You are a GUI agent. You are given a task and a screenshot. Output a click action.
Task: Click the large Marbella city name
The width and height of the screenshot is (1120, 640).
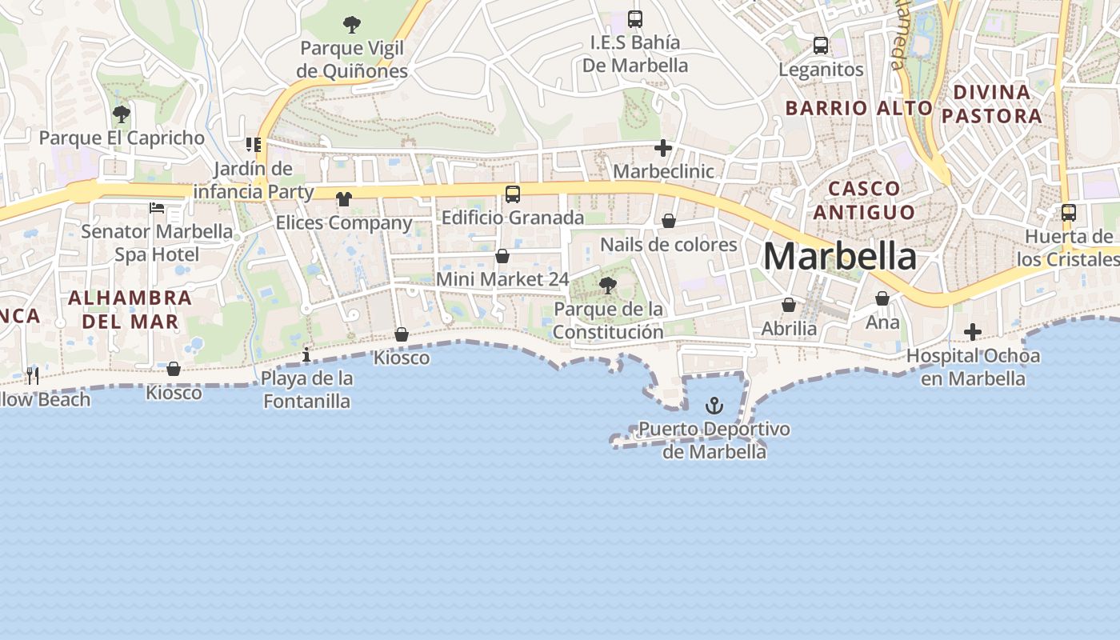point(840,256)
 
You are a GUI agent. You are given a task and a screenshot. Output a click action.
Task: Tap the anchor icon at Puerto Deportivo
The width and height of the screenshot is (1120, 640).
point(714,406)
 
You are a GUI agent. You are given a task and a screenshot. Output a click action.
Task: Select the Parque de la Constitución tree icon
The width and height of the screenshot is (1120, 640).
point(608,285)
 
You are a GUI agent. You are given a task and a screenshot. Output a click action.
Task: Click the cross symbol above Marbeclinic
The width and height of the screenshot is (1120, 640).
point(662,148)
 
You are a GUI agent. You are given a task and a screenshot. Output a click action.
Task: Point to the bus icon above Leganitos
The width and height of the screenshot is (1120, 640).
point(821,46)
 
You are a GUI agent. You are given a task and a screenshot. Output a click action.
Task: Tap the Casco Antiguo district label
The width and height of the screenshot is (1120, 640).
point(864,200)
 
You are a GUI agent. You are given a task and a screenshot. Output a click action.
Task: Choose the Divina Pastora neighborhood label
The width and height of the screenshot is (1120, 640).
point(992,104)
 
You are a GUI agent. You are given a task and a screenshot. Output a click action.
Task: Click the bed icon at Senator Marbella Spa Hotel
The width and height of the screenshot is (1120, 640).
point(157,208)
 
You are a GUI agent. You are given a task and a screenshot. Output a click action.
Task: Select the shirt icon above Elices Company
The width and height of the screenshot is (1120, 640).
point(344,198)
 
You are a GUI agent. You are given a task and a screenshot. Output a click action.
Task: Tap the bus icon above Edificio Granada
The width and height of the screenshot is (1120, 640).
point(513,194)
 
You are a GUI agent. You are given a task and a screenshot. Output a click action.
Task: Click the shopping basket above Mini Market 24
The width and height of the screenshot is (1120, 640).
point(502,256)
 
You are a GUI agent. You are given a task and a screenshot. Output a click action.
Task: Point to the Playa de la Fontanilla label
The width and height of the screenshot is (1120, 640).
point(307,389)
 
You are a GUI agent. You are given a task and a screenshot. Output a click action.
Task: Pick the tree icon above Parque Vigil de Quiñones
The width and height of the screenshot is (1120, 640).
point(351,25)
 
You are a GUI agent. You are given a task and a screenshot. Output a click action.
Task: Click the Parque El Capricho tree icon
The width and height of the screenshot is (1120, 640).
point(122,114)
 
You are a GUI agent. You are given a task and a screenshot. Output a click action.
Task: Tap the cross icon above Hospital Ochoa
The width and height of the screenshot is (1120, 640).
point(973,331)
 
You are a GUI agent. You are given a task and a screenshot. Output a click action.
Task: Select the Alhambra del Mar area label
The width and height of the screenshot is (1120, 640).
point(130,310)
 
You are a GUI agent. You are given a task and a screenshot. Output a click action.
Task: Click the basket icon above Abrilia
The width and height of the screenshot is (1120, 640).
point(789,305)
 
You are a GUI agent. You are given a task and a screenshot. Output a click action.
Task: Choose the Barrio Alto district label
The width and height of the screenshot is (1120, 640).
point(858,108)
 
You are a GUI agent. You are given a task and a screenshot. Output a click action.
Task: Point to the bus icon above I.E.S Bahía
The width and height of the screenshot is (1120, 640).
point(635,18)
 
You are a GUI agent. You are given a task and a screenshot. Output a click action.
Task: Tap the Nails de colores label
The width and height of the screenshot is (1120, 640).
point(669,244)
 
